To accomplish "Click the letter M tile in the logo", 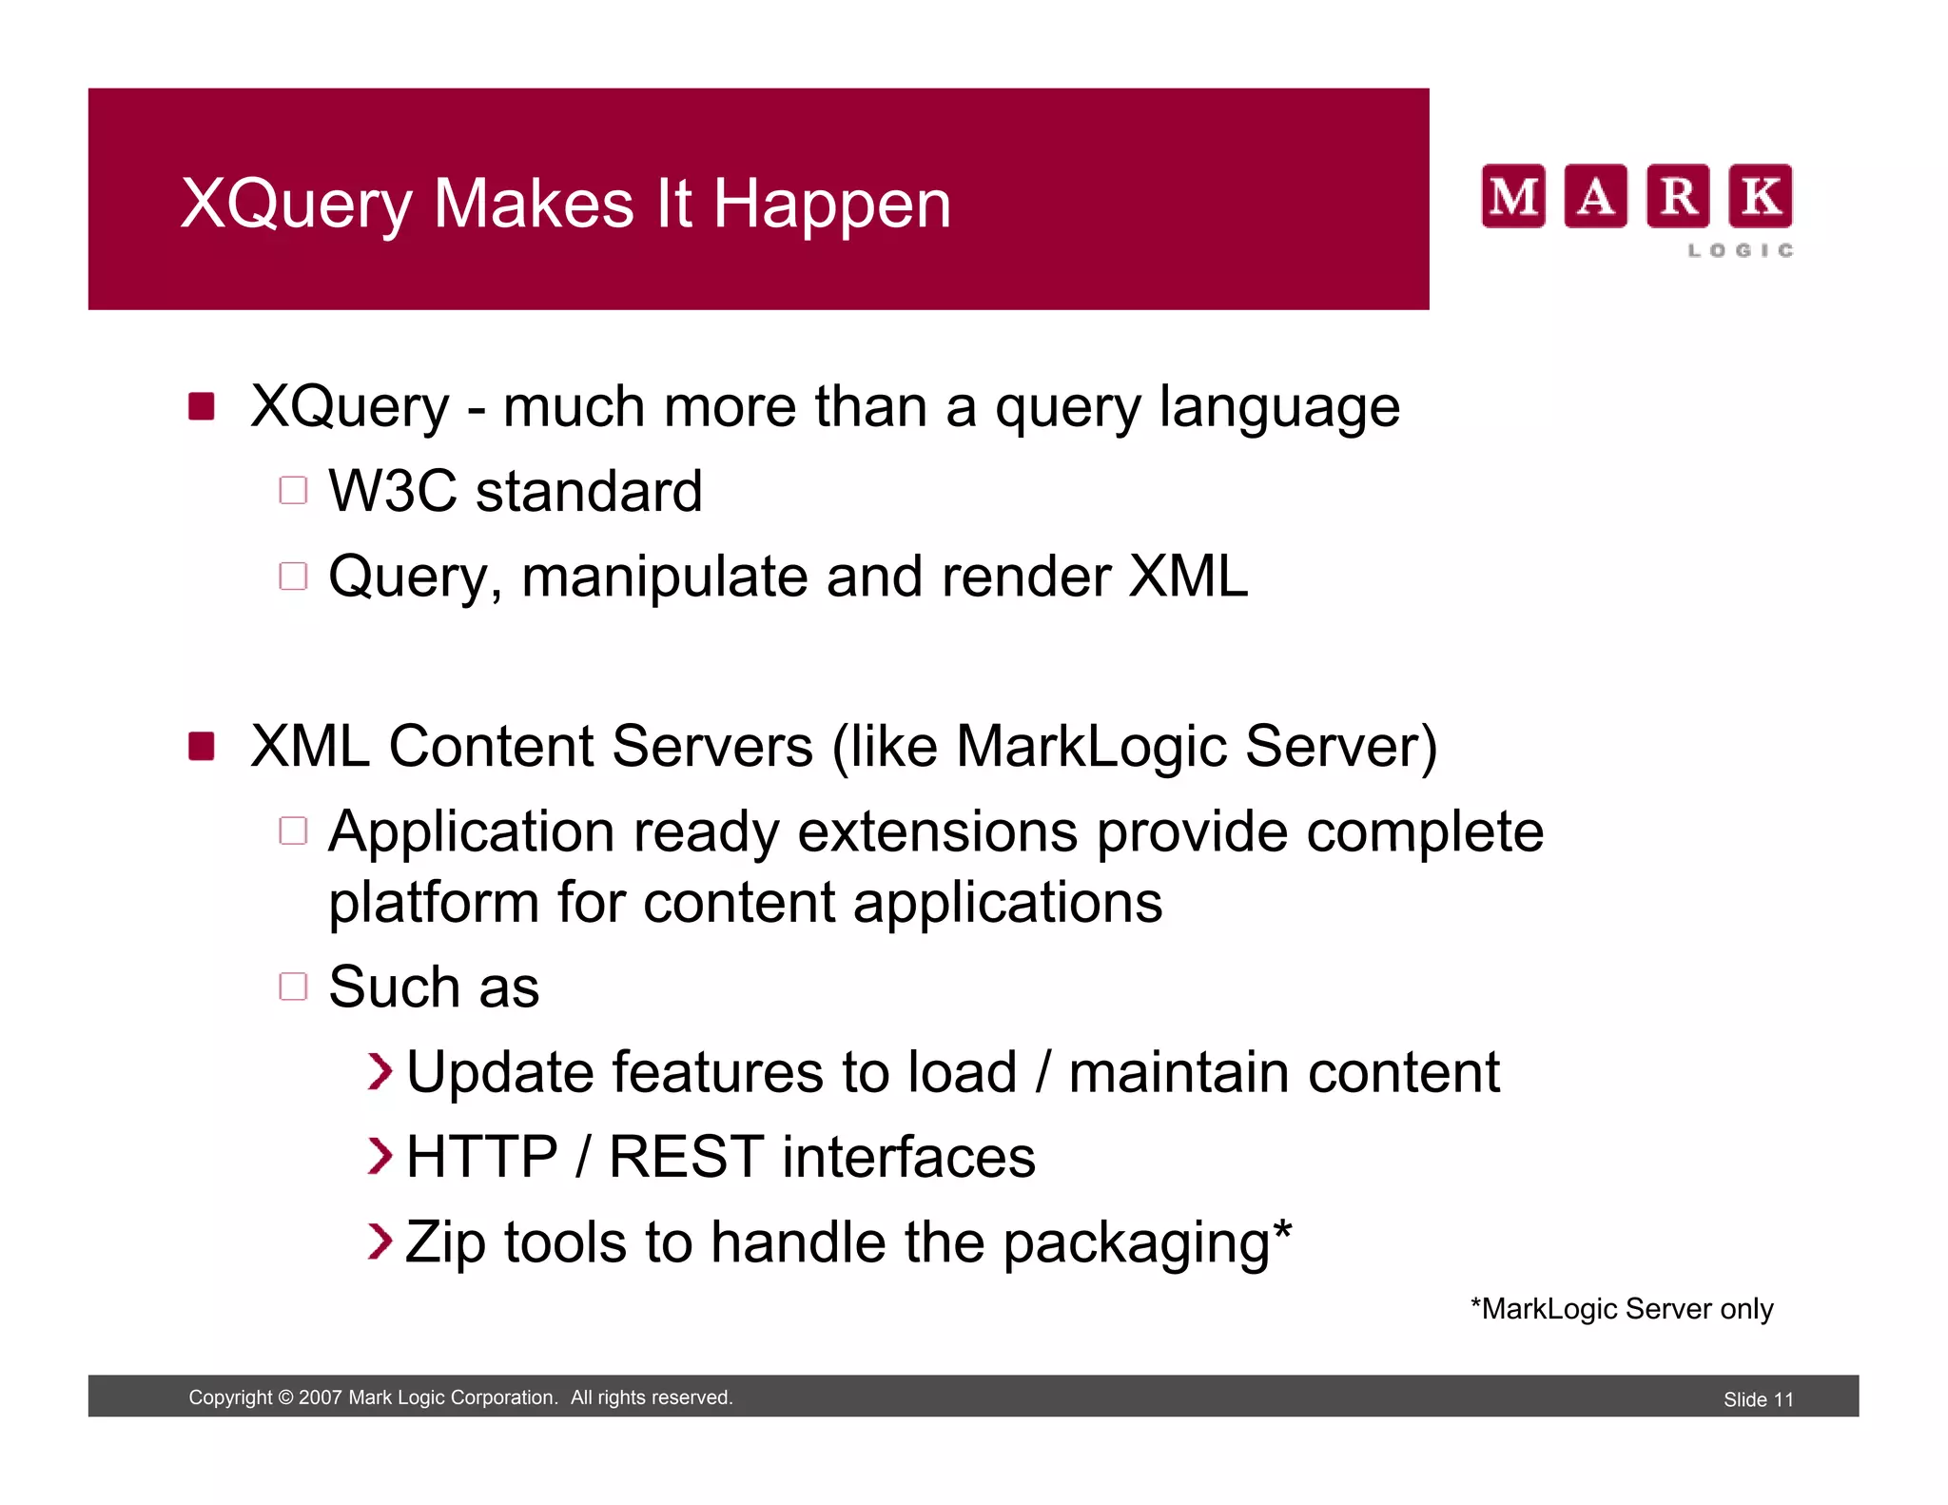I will pos(1512,196).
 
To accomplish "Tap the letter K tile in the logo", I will pos(1760,196).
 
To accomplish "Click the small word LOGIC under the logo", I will pos(1741,250).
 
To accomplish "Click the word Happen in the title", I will pos(831,205).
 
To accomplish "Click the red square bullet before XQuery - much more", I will pos(202,406).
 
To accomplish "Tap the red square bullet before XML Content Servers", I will pos(202,746).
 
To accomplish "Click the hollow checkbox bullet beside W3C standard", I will pos(293,491).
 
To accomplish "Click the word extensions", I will pos(937,831).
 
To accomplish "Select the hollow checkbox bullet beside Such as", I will pos(293,987).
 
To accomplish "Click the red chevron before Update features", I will pos(380,1072).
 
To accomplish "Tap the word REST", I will pos(686,1158).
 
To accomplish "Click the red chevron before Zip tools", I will pos(380,1241).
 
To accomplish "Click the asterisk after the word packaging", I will pos(1282,1229).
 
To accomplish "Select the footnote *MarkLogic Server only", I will pos(1621,1309).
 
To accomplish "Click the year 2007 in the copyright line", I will pos(320,1397).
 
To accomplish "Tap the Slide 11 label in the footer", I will pos(1758,1399).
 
